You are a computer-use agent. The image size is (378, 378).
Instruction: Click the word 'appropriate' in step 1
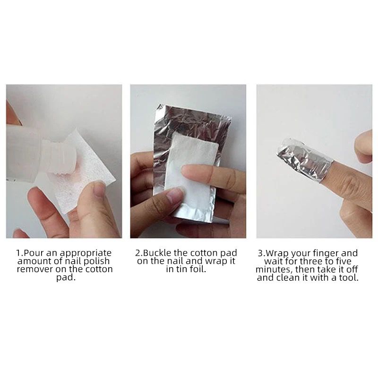(86, 254)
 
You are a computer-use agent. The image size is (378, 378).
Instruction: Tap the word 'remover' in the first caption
(35, 269)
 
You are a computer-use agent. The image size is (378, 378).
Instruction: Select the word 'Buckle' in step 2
(158, 253)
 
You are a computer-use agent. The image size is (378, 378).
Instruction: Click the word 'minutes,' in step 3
(274, 269)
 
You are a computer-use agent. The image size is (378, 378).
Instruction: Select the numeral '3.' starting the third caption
(261, 253)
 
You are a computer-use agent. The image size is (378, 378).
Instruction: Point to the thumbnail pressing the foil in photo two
(175, 195)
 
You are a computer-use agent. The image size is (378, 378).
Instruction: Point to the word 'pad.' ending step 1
(66, 278)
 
